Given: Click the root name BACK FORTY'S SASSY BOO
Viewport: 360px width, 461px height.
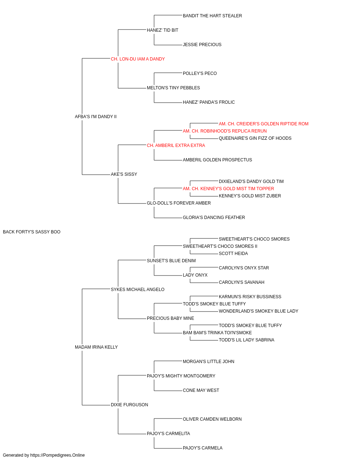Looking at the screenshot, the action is click(32, 232).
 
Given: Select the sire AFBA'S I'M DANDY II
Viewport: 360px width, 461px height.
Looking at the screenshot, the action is click(96, 117).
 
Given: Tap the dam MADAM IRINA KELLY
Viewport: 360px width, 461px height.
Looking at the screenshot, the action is click(96, 347).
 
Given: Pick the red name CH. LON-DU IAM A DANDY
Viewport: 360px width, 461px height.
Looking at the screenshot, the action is click(138, 59).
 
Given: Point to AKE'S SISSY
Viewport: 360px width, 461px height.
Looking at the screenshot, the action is click(124, 174).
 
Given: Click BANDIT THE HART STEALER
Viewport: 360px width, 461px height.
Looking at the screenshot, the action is click(212, 16).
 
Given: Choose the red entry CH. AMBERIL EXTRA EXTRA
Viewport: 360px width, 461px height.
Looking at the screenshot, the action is click(176, 145).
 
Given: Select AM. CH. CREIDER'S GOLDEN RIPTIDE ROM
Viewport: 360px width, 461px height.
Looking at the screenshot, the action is click(264, 124).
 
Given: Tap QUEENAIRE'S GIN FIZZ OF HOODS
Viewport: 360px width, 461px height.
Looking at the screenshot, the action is click(255, 138).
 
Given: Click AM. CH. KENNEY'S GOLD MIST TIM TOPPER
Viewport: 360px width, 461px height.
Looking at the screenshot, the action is click(228, 189).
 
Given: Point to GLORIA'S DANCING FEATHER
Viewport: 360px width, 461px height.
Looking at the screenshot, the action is click(214, 218).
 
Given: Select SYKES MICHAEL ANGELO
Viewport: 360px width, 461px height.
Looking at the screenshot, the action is click(138, 289).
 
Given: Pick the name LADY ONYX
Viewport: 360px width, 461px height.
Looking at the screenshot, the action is click(195, 275).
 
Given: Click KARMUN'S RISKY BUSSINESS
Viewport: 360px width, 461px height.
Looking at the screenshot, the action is click(250, 296).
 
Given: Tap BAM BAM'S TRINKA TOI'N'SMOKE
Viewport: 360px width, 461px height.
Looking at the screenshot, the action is click(217, 333).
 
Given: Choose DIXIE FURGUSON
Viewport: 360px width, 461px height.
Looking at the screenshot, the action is click(130, 404).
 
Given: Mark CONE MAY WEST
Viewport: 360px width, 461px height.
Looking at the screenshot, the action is click(201, 390).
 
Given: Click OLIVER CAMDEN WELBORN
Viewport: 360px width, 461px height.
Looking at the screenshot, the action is click(212, 419).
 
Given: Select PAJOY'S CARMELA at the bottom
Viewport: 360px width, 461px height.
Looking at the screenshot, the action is click(203, 448).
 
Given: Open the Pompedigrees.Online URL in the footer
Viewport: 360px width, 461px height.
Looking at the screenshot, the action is click(58, 455).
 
